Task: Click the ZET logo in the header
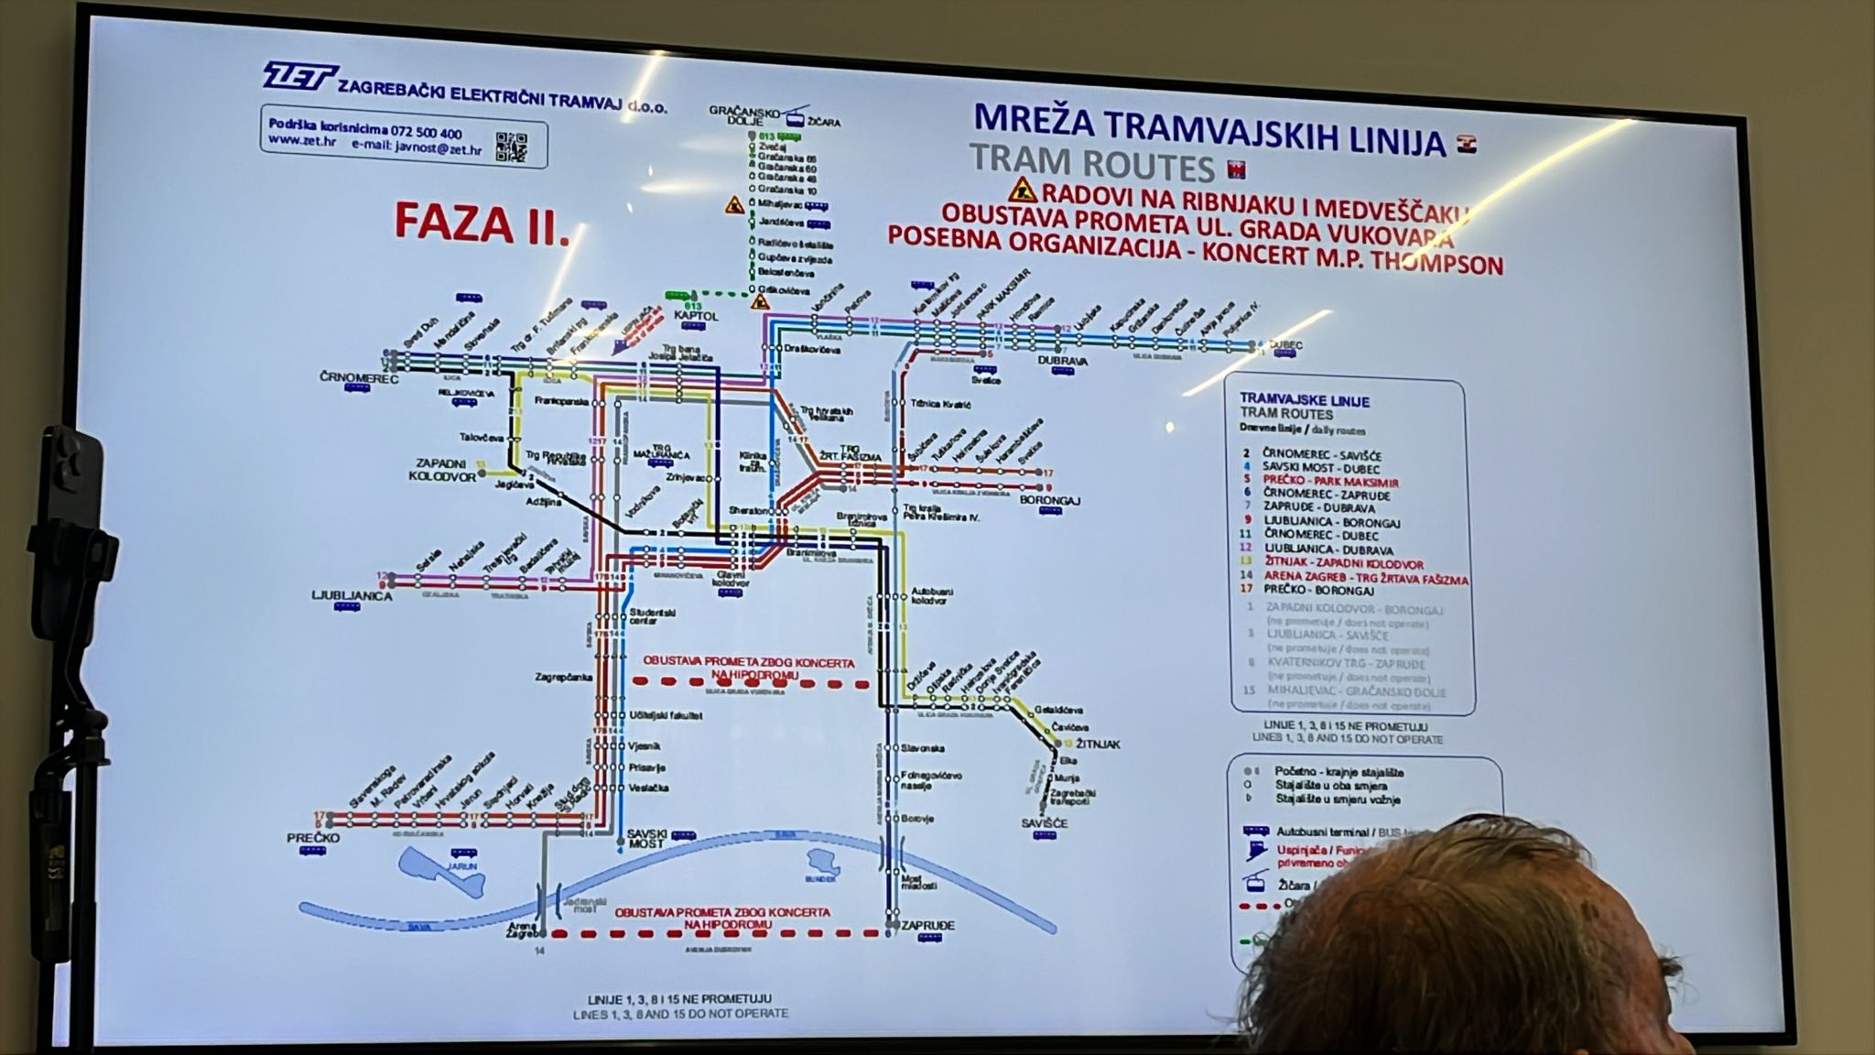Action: (299, 77)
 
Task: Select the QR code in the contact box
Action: (513, 147)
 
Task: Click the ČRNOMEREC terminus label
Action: (359, 378)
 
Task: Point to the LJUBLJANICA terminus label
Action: (352, 596)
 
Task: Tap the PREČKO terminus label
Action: (313, 838)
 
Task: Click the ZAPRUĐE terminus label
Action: (927, 926)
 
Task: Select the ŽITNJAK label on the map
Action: (1099, 745)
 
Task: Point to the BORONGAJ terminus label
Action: (1051, 501)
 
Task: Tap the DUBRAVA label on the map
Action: (1062, 362)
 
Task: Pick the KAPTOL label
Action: (696, 316)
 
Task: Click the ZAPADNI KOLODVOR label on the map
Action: (445, 470)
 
